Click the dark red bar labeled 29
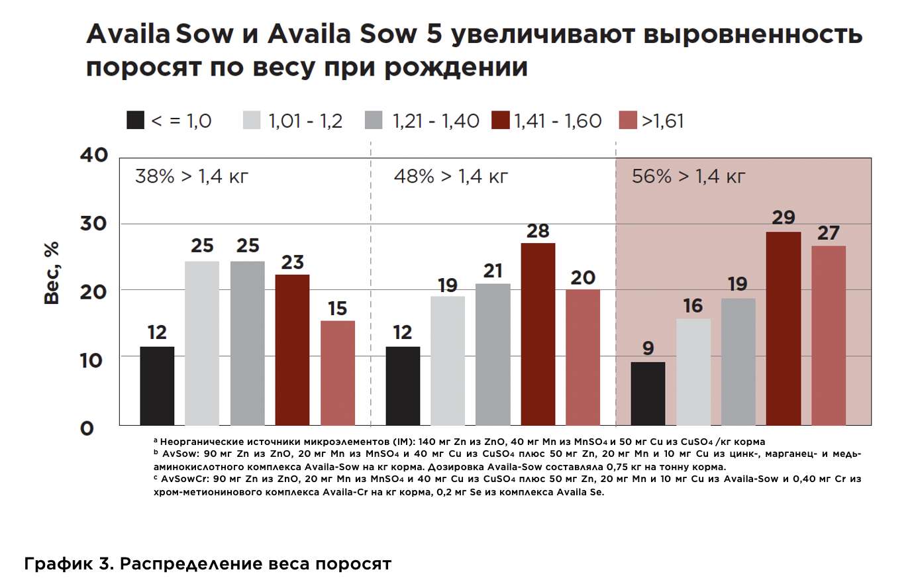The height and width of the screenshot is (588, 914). [783, 328]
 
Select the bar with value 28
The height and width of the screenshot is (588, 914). [538, 334]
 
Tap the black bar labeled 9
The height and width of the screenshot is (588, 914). [648, 393]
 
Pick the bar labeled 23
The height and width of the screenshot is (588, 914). [292, 350]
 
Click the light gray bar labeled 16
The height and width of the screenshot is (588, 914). [693, 371]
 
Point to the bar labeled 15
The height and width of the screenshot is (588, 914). [338, 373]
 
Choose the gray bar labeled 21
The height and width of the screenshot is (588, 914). [493, 354]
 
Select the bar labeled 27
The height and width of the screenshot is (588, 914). [829, 335]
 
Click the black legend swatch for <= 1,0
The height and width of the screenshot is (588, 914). [136, 121]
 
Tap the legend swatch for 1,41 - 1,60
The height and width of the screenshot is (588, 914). [501, 121]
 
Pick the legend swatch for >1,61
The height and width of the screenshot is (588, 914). [627, 121]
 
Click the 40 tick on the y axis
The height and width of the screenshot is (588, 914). [94, 155]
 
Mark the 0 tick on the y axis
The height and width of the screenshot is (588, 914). [87, 428]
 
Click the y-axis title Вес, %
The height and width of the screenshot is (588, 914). [52, 273]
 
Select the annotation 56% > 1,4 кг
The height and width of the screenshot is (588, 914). [688, 177]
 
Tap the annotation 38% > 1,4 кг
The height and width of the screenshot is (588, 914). [191, 177]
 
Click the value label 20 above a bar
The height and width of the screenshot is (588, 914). [583, 278]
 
